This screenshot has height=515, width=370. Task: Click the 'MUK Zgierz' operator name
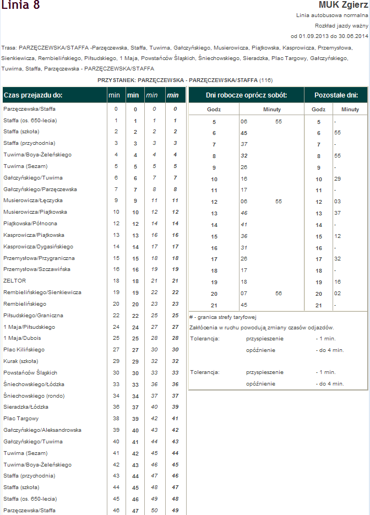click(343, 5)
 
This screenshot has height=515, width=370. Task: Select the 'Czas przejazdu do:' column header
click(34, 95)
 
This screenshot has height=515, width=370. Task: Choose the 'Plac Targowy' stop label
click(17, 419)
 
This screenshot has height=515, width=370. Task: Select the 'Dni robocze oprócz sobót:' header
click(246, 95)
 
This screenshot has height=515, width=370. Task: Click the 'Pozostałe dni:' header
click(336, 95)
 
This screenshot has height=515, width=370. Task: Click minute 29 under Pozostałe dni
click(337, 179)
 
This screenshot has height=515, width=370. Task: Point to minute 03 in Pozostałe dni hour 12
click(337, 202)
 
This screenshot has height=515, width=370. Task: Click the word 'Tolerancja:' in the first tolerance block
click(205, 338)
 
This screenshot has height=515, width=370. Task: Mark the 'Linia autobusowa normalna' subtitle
click(331, 16)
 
